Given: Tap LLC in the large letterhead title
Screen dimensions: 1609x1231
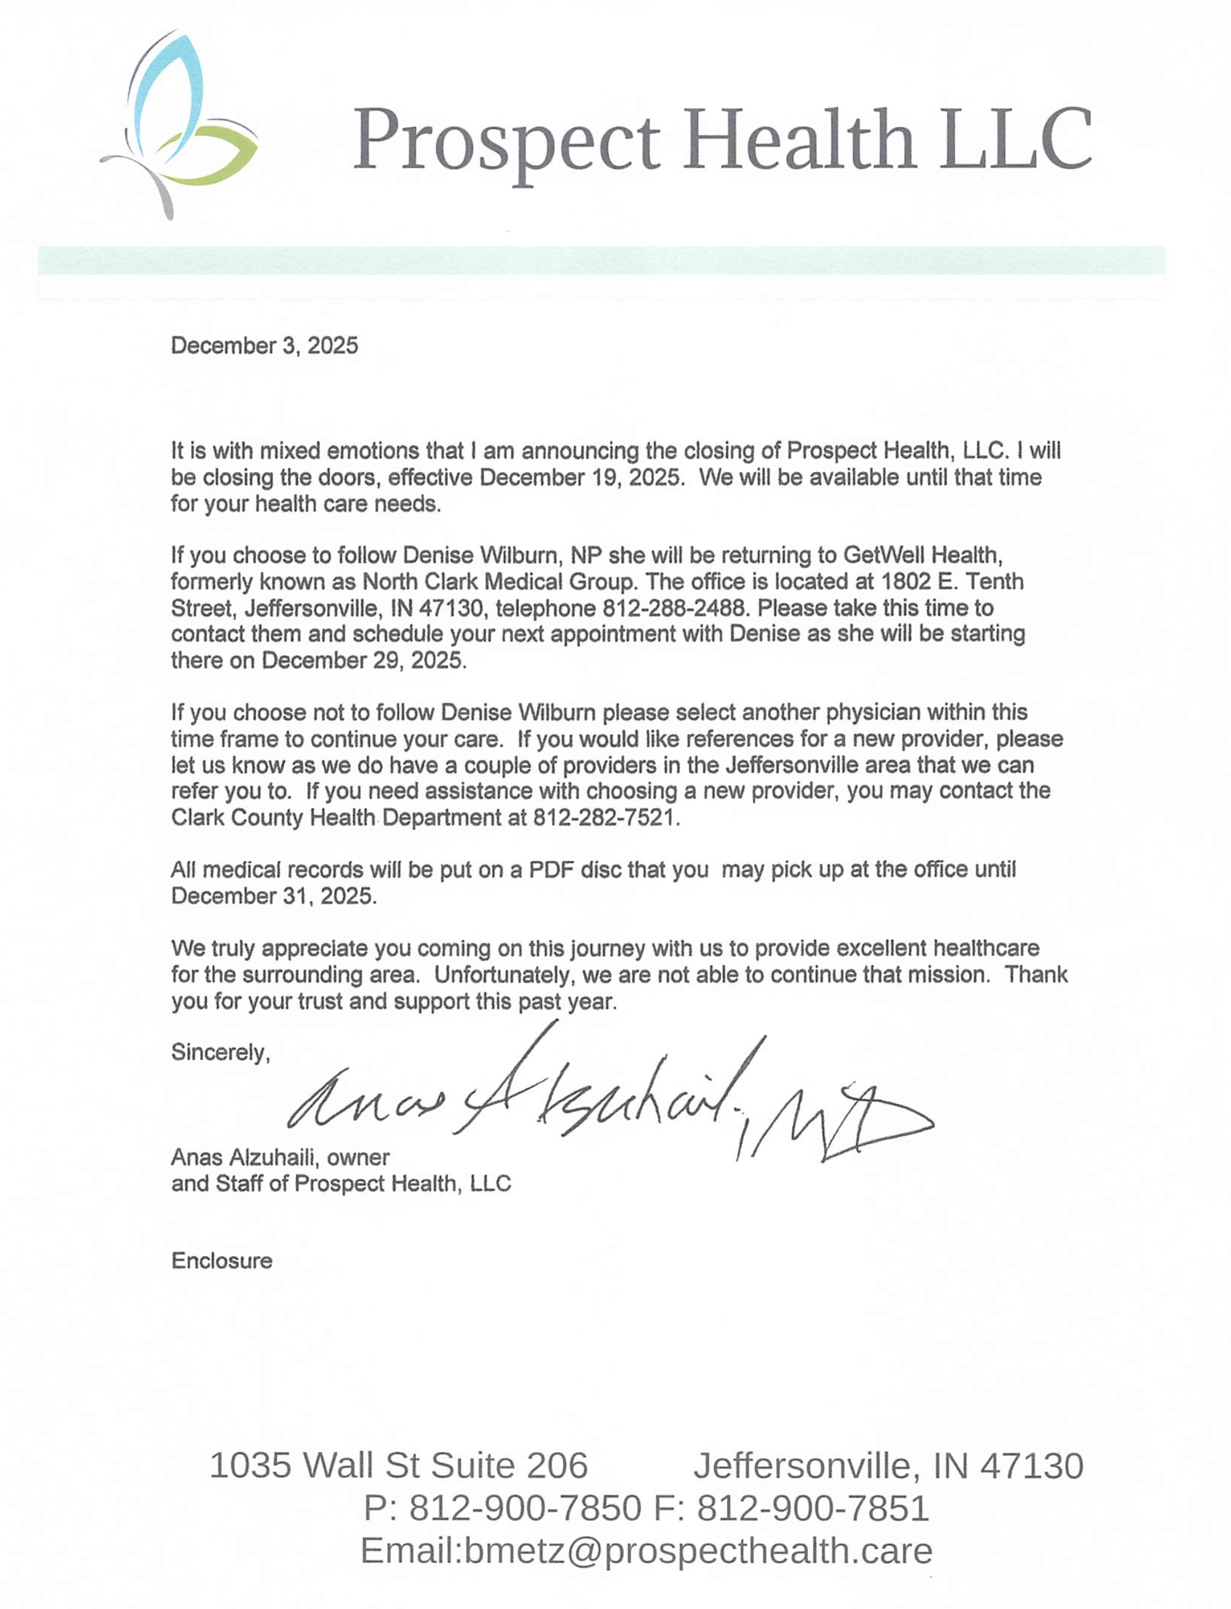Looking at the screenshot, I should click(1017, 139).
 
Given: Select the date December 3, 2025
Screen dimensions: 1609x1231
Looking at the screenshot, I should click(264, 346).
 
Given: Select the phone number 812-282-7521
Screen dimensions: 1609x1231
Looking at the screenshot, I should click(605, 818).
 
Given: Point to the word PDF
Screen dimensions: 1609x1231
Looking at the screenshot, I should click(551, 870).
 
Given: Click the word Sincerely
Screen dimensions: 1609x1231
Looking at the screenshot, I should click(221, 1053).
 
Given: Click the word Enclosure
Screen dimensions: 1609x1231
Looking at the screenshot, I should click(222, 1261).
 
